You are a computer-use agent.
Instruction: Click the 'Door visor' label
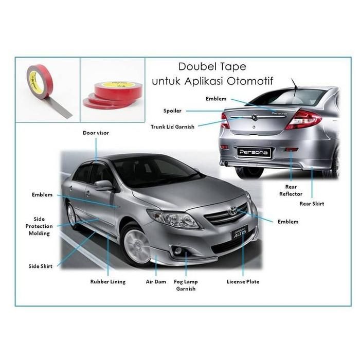coord(96,133)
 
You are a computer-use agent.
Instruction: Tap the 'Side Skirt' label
coord(41,266)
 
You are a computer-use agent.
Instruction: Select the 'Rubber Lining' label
coord(107,282)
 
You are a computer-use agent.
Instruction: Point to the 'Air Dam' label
coord(155,282)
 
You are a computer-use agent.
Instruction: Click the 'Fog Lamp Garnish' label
coord(186,285)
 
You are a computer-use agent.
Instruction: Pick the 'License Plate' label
coord(243,282)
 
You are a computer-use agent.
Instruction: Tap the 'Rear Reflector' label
coord(291,190)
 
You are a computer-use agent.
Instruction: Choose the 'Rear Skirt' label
coord(312,204)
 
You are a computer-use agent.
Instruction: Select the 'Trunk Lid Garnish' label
coord(172,127)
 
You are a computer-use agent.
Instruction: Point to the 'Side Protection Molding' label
coord(39,226)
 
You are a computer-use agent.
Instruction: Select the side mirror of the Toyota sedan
coord(103,185)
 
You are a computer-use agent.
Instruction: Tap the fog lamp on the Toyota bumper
coord(178,251)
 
